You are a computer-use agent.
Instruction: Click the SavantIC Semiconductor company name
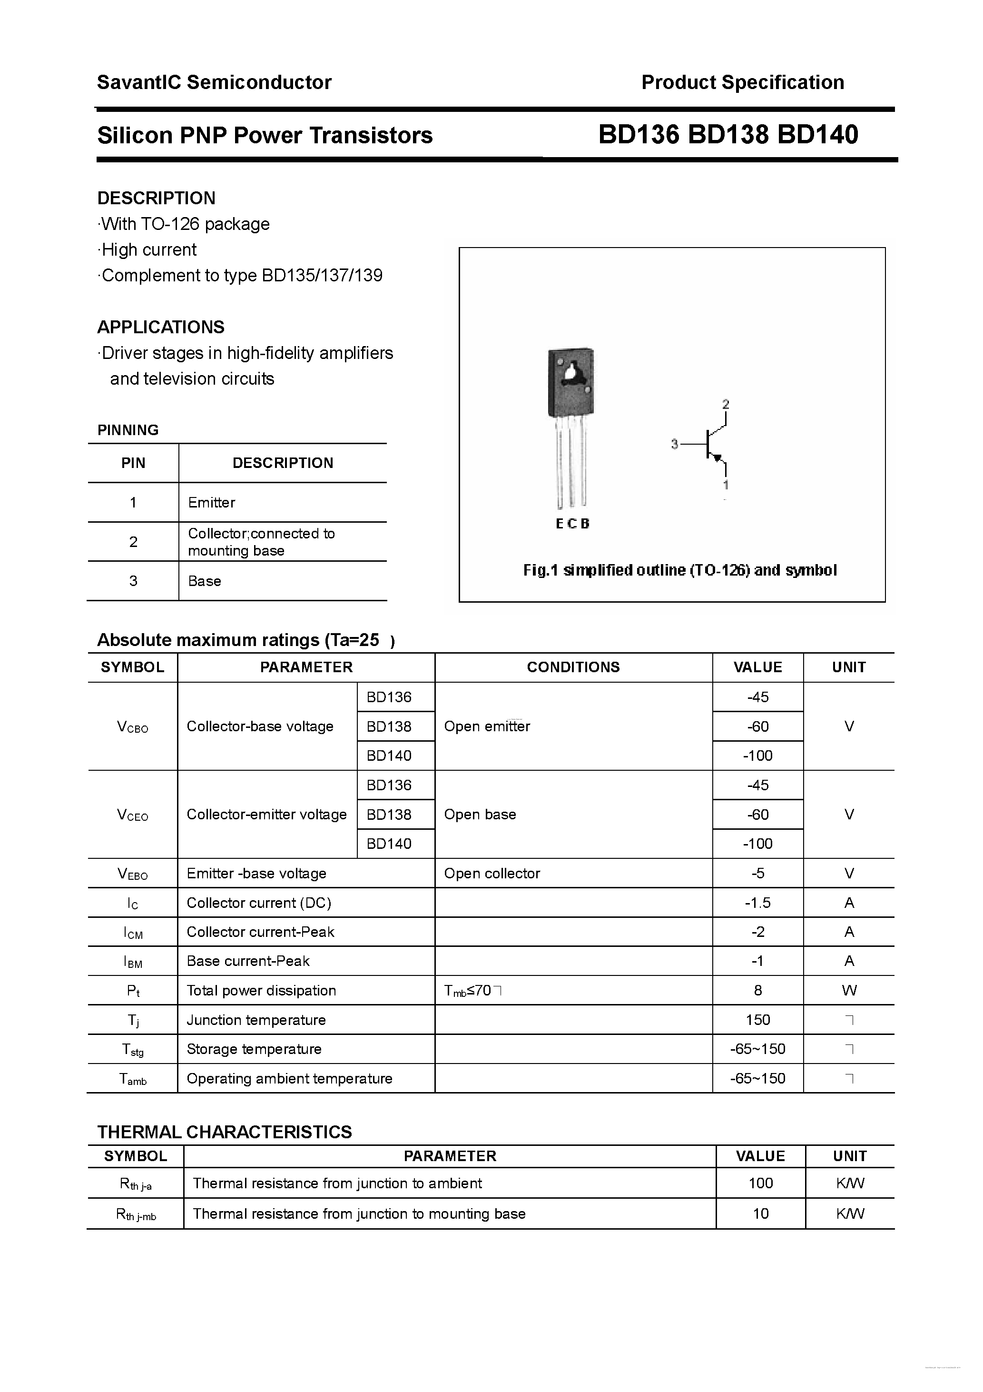tap(214, 82)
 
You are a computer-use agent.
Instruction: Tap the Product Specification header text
tap(742, 82)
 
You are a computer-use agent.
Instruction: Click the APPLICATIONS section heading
tap(161, 328)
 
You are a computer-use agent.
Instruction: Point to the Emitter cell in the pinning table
tap(212, 503)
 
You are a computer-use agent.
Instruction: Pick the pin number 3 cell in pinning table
tap(133, 581)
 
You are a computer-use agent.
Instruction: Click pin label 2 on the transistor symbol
tap(726, 404)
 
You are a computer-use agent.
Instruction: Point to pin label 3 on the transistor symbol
tap(675, 444)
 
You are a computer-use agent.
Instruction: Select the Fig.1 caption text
tap(679, 570)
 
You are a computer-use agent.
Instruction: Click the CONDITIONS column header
tap(573, 667)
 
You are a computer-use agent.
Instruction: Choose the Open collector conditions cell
tap(491, 874)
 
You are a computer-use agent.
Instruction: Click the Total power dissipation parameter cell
tap(261, 991)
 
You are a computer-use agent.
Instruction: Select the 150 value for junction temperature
tap(757, 1020)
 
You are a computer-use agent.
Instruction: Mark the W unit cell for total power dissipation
tap(849, 991)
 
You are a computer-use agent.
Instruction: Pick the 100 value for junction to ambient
tap(761, 1183)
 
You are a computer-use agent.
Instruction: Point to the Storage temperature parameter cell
tap(254, 1049)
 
